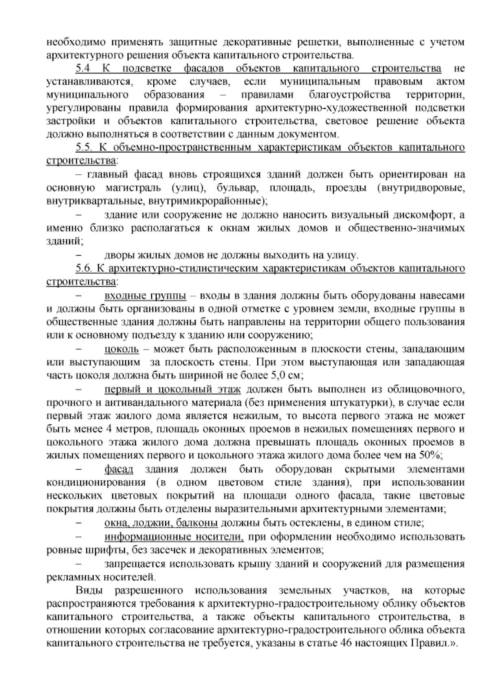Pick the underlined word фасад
119,469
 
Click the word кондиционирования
96,483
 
